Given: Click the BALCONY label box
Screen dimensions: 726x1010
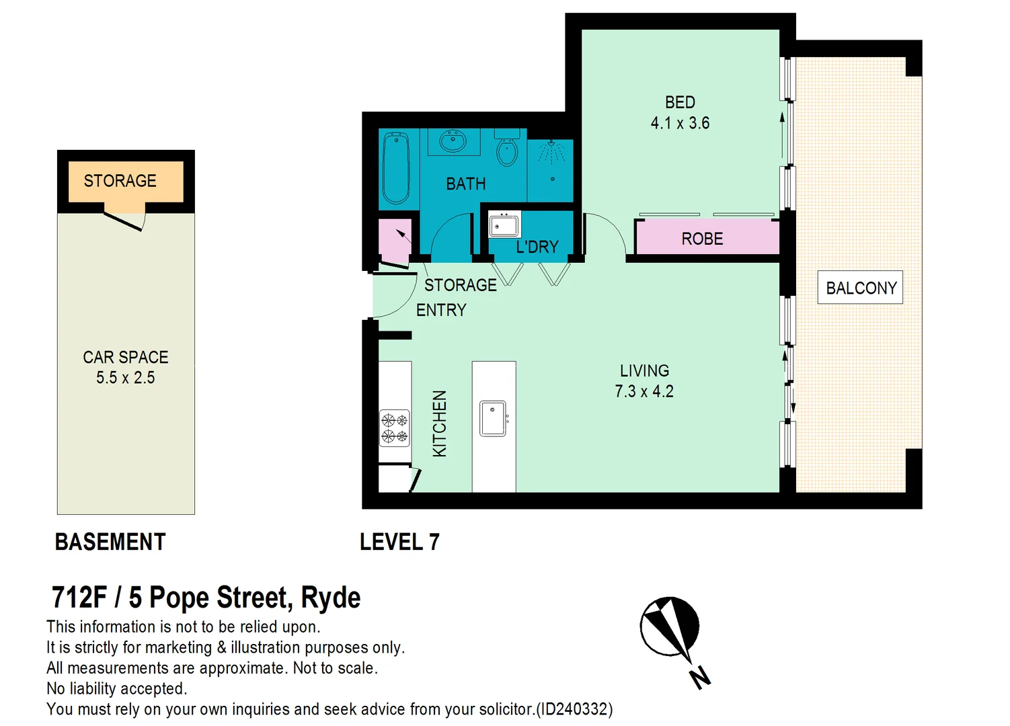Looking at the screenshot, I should pos(860,288).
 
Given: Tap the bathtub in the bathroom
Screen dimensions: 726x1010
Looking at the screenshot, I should pos(396,168).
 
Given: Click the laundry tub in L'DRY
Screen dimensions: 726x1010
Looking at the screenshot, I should pos(504,225).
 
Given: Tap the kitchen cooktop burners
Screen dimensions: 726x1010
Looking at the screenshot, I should pos(395,428).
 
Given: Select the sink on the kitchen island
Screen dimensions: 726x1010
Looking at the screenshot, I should pos(493,418).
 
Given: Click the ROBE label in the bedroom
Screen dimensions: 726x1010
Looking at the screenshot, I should pos(702,239).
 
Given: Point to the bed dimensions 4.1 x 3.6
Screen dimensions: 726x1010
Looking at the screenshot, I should pos(680,123).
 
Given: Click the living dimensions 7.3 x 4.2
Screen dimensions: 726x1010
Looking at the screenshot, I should pos(644,391).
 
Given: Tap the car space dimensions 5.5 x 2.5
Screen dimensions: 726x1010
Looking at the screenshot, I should pos(125,378).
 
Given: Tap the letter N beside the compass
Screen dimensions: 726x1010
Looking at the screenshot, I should pos(700,677).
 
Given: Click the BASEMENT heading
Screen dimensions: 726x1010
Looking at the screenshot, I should pos(110,542).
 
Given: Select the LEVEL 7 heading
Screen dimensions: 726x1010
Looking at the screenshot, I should pos(399,542).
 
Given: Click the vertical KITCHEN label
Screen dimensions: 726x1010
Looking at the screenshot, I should pos(439,424).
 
